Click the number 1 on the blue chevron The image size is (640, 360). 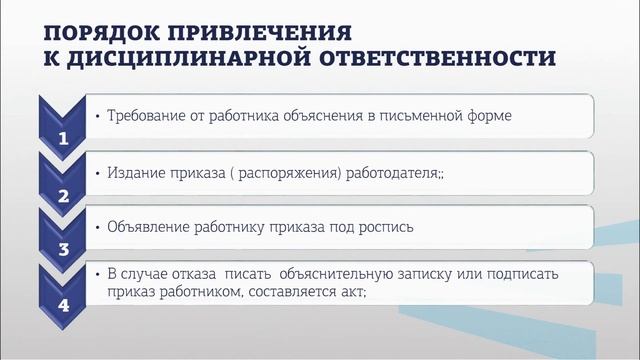[63, 140]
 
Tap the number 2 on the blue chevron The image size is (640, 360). [63, 196]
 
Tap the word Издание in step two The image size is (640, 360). [135, 172]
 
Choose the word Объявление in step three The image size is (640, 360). [148, 227]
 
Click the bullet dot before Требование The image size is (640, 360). [95, 116]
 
